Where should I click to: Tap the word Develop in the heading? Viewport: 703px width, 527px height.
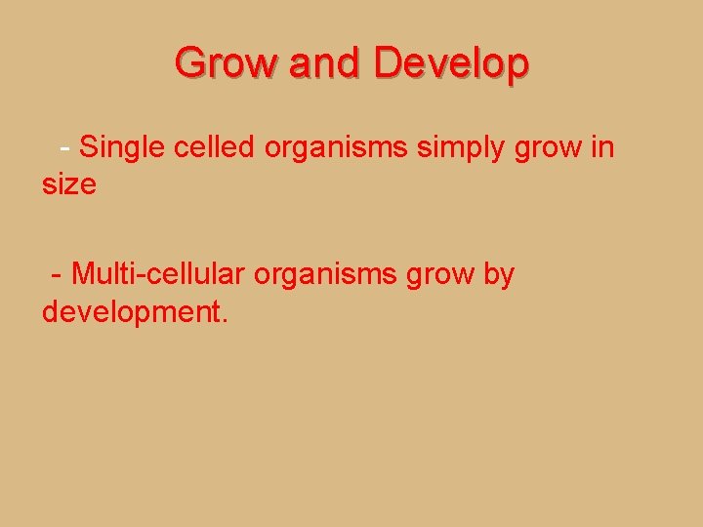tap(451, 63)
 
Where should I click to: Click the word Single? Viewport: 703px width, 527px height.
tap(122, 147)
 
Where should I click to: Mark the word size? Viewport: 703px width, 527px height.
tap(68, 183)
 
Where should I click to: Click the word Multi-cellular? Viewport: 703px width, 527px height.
tap(158, 275)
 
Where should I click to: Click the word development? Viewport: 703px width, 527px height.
tap(130, 312)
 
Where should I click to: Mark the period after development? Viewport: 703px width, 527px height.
tap(225, 321)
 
